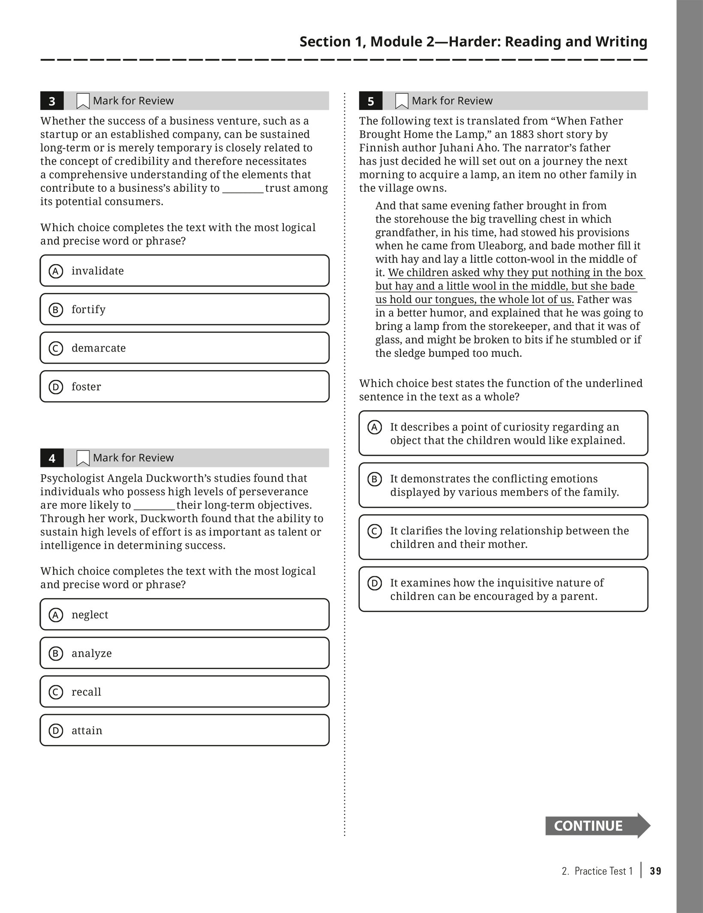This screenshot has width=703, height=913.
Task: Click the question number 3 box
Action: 52,101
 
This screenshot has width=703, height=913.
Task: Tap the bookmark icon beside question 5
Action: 401,101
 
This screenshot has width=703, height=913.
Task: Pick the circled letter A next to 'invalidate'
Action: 56,271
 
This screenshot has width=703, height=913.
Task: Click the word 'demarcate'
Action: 99,348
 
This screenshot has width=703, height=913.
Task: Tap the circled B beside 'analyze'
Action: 56,653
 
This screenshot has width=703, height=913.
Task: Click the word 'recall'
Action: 86,692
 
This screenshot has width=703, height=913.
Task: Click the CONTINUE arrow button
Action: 597,826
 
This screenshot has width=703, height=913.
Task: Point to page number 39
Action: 655,871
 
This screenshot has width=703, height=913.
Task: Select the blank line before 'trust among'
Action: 243,188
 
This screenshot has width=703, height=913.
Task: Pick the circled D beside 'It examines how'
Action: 375,583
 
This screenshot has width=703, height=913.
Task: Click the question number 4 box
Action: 52,458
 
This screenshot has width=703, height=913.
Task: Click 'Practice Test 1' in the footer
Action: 604,871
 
